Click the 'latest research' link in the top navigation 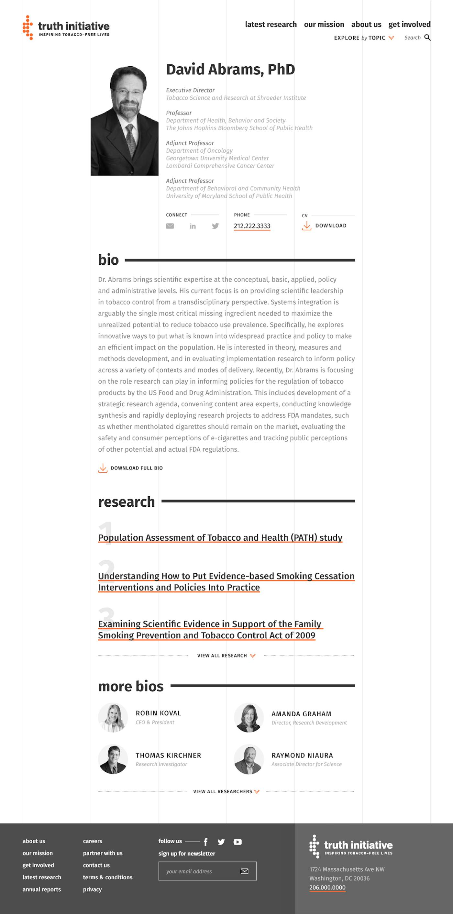pos(271,25)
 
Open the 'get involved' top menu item pos(409,25)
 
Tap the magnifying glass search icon pos(427,38)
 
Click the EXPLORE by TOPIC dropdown pos(364,38)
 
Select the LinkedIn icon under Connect pos(193,226)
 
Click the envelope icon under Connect pos(170,226)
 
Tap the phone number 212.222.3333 pos(252,226)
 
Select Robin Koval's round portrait pos(113,717)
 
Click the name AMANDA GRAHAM pos(301,714)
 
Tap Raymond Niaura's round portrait pos(249,759)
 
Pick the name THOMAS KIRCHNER pos(168,755)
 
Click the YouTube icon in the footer pos(237,842)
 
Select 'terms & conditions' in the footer pos(107,877)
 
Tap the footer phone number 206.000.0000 pos(327,888)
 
